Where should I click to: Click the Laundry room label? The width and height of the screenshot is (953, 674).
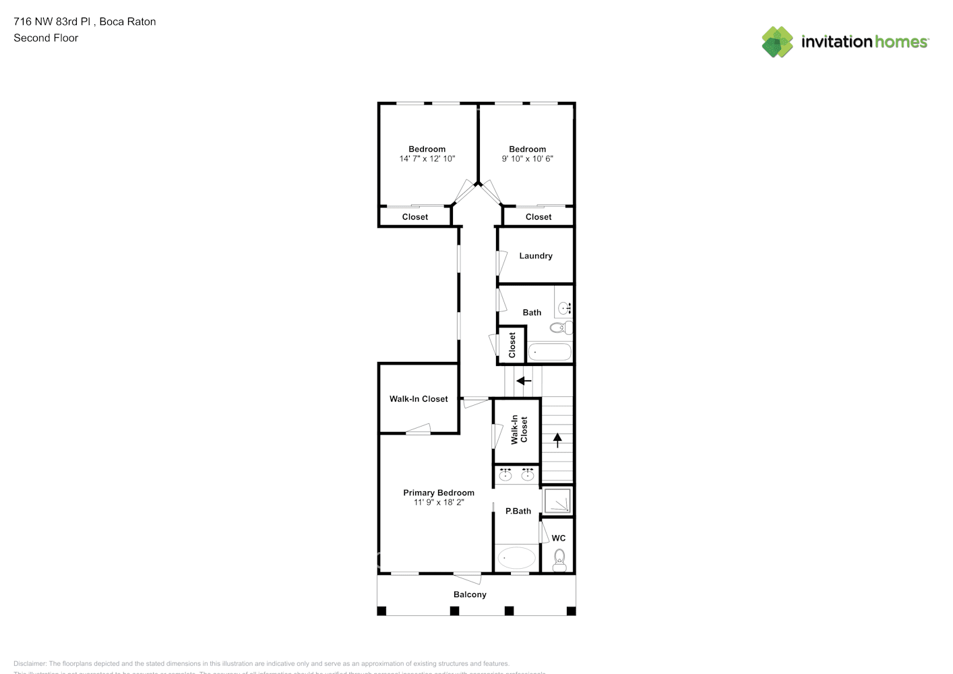click(535, 256)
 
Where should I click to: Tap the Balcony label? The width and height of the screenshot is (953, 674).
click(469, 594)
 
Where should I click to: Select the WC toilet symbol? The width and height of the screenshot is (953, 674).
click(559, 559)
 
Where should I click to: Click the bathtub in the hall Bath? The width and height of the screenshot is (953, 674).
click(549, 352)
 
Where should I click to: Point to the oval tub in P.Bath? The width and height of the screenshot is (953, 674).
click(516, 558)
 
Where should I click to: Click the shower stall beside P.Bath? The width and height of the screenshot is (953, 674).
click(557, 501)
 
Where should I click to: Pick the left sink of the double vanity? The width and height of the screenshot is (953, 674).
click(505, 475)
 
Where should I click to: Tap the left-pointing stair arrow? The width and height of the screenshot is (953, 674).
click(524, 381)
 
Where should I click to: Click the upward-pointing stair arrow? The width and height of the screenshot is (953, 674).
click(557, 440)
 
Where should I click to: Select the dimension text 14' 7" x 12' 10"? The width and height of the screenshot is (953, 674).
click(427, 159)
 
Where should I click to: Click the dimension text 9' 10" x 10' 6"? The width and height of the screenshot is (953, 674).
click(527, 159)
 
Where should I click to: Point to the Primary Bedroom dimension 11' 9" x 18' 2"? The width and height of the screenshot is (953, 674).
click(439, 503)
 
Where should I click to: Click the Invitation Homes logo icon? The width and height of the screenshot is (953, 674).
click(777, 42)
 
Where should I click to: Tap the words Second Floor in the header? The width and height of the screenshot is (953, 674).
click(46, 38)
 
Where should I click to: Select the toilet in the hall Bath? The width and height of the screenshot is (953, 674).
click(559, 328)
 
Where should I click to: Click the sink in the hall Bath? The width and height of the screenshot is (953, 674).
click(564, 308)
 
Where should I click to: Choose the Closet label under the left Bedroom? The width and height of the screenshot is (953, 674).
click(414, 217)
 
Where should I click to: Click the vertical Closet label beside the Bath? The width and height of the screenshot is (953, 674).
click(512, 345)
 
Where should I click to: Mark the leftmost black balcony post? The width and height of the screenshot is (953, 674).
click(381, 611)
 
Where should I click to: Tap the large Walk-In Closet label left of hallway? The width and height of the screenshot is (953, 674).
click(418, 399)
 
